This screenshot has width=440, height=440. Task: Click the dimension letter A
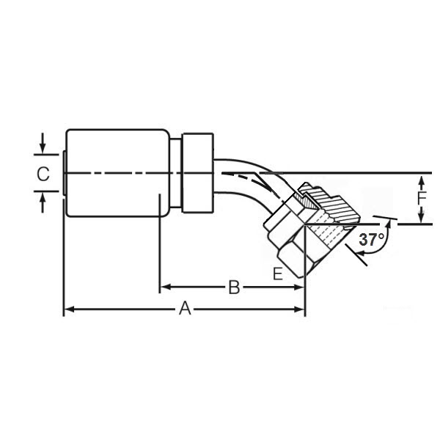tap(185, 309)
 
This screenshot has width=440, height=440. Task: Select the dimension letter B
tap(233, 287)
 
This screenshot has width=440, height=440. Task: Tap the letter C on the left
tap(43, 174)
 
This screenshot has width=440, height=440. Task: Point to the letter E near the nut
tap(277, 274)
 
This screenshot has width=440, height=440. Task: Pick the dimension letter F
tap(421, 198)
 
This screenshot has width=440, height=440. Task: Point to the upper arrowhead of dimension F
tap(421, 178)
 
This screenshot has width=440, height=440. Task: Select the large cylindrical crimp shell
tap(117, 173)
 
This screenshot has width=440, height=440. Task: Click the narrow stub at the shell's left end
tap(64, 173)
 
